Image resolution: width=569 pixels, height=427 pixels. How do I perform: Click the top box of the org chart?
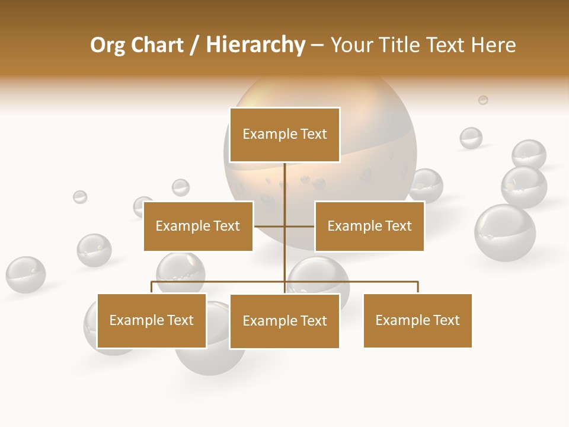284,135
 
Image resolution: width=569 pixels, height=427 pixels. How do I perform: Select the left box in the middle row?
198,226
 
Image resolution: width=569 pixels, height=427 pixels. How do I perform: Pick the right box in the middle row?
369,226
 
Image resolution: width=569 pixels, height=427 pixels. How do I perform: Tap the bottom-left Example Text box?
152,320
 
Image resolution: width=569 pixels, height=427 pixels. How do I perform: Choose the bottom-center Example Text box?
284,321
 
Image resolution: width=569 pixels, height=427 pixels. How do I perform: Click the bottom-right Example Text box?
417,320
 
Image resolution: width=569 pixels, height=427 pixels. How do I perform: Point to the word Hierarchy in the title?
255,45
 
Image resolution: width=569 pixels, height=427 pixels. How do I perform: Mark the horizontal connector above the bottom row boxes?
350,282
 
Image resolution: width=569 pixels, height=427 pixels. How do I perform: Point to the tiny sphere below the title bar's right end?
483,100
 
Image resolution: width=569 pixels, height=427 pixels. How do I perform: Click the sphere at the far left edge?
25,275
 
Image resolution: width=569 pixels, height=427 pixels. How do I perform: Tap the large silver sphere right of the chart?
504,232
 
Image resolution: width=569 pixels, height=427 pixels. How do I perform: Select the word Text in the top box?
314,134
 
